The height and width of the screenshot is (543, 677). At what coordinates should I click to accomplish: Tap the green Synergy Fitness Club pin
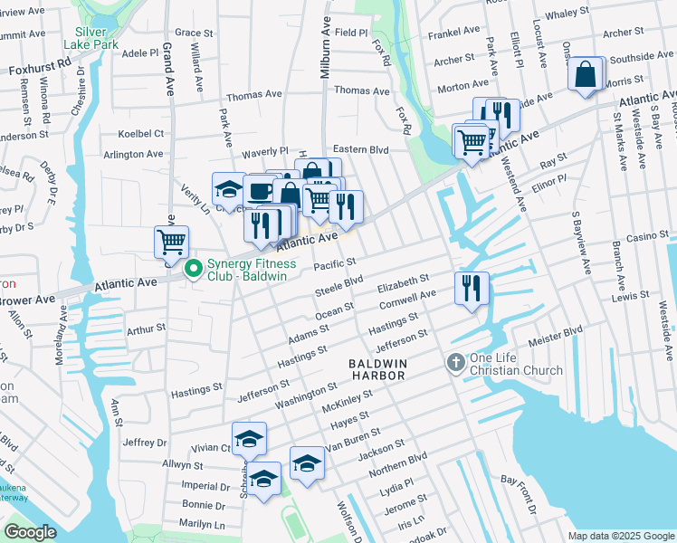[193, 270]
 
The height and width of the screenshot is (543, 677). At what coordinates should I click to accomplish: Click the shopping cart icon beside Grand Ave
[171, 243]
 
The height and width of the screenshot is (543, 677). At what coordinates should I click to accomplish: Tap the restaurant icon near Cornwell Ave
[472, 289]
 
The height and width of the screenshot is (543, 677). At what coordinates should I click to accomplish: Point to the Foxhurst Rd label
[39, 68]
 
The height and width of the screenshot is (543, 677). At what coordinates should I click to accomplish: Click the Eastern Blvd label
[360, 149]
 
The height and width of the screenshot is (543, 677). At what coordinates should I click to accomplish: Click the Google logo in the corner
[30, 532]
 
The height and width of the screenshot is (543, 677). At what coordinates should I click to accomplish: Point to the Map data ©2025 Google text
[620, 536]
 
